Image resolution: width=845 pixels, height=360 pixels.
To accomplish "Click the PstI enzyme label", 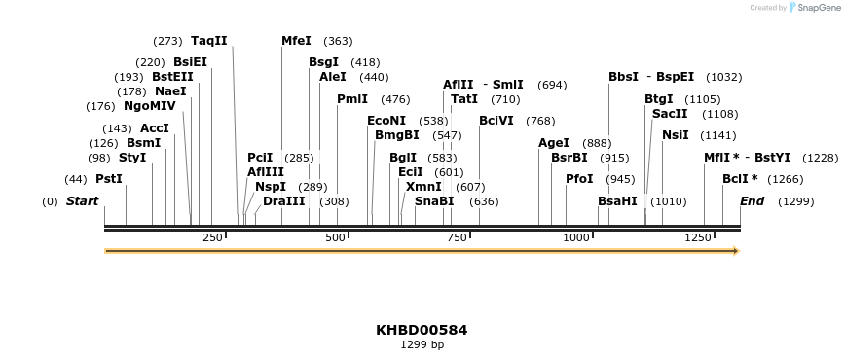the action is [109, 179].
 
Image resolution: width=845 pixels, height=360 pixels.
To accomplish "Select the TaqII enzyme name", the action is [209, 41].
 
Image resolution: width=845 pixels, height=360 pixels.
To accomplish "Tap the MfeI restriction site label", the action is [296, 41].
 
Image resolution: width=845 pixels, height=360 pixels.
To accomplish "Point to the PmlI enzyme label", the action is [352, 99].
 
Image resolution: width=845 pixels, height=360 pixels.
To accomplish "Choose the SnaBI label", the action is [434, 201].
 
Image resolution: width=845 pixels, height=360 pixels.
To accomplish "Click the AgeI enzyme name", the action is [554, 143].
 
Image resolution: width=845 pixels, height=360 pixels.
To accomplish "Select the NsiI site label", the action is [676, 135].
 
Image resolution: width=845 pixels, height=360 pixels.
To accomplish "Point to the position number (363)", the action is [338, 41].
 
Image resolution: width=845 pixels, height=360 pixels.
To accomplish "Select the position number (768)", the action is [540, 121].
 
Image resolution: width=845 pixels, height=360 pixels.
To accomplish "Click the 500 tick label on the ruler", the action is [336, 238].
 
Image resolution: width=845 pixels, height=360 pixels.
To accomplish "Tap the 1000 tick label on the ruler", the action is [576, 238].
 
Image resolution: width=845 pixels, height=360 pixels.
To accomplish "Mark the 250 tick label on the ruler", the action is [213, 238].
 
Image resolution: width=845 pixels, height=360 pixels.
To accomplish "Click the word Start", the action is [82, 201].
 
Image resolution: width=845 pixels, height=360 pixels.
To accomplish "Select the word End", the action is [752, 201].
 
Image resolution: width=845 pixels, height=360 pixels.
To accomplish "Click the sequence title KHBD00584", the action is [422, 330].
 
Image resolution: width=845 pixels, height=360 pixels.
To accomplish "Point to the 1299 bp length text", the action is [422, 344].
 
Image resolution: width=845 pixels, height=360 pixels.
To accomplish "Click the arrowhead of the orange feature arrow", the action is [736, 251].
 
